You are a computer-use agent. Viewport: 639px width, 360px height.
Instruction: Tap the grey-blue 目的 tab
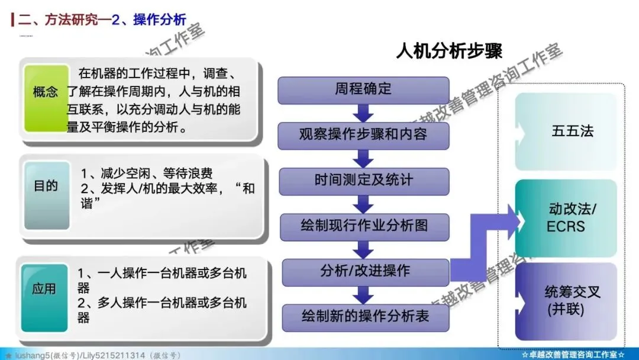coord(46,186)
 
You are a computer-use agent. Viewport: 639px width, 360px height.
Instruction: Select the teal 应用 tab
coord(44,289)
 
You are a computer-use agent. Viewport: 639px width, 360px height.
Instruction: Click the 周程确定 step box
coord(363,90)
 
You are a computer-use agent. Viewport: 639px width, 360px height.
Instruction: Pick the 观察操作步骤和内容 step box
coord(363,134)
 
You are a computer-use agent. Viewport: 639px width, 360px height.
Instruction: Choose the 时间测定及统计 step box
coord(363,179)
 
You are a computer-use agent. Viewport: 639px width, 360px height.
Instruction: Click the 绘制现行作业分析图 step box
coord(363,226)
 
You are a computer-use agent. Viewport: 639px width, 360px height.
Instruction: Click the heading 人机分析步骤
coord(449,52)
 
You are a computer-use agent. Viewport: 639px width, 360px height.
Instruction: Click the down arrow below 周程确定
coord(364,112)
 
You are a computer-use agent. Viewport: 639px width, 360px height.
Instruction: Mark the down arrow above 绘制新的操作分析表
coord(364,294)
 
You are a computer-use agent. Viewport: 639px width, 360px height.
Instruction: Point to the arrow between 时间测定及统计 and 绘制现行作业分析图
coord(364,203)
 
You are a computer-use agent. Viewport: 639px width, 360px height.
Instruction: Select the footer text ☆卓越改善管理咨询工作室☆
coord(573,355)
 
